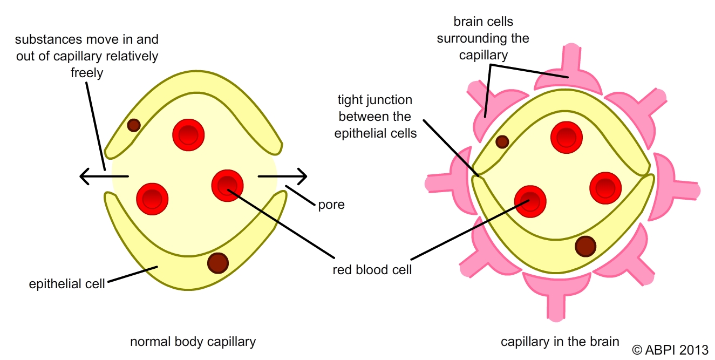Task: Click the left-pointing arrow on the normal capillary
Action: (103, 176)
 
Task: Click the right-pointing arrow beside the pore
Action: (283, 176)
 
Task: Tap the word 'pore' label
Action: (330, 205)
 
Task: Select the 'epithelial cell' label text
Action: (67, 283)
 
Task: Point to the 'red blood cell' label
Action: (372, 269)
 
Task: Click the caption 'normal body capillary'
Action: (193, 342)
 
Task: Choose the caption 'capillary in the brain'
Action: (560, 342)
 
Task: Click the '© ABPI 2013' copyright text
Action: (670, 349)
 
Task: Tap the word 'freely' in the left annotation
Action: (87, 72)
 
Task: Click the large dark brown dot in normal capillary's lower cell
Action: (218, 263)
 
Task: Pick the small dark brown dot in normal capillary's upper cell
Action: (134, 125)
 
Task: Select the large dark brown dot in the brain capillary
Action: (585, 246)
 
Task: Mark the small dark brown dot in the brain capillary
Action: (502, 142)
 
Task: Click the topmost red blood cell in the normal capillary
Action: (188, 134)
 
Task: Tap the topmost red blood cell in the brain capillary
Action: (567, 137)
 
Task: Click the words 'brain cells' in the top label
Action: (483, 22)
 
